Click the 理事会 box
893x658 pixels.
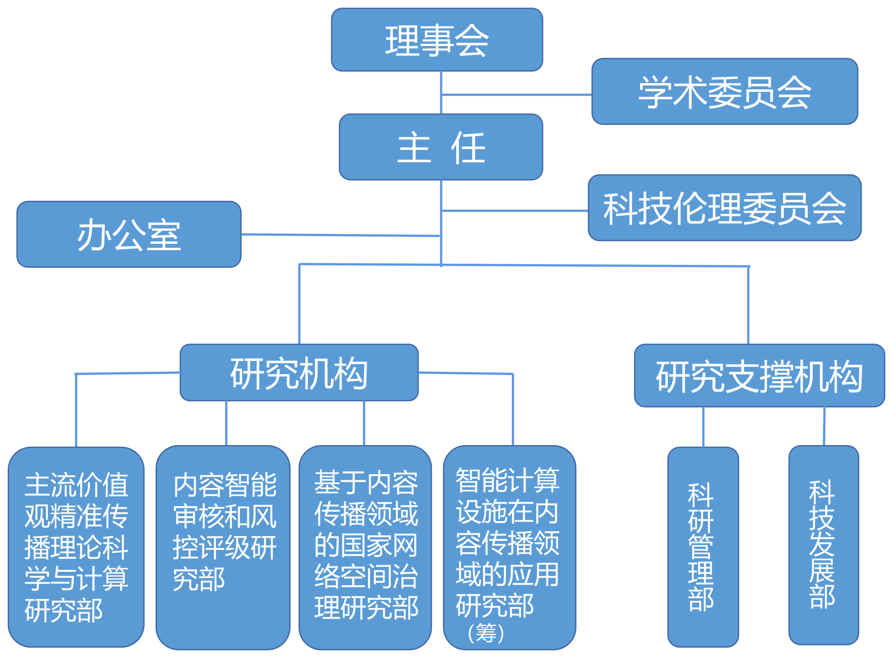click(436, 40)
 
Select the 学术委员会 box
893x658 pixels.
click(724, 92)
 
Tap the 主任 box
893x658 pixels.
click(441, 147)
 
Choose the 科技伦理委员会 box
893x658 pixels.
click(724, 207)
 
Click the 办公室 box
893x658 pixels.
click(128, 234)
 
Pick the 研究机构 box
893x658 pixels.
click(299, 373)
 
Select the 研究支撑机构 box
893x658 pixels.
click(759, 376)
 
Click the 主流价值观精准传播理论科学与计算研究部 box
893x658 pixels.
click(76, 547)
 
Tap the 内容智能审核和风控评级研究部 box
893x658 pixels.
click(223, 547)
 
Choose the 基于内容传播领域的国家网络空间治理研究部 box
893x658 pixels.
click(365, 547)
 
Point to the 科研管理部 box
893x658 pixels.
click(703, 547)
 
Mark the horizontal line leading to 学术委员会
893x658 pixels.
click(517, 95)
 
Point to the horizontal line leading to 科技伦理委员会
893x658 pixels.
click(515, 210)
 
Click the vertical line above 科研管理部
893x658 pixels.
click(703, 427)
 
